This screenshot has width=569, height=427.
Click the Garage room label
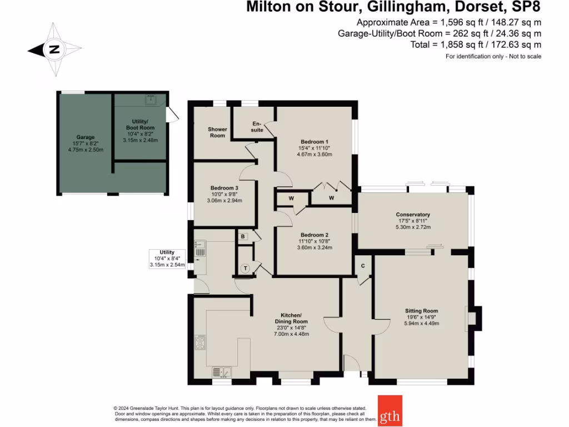point(86,137)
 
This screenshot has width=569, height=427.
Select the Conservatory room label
point(412,215)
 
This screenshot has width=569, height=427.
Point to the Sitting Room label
point(421,311)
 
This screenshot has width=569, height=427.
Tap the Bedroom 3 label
point(224,188)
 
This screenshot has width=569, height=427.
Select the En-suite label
point(257,126)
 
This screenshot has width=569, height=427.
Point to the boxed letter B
point(243,236)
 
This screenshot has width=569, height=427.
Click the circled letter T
point(245,268)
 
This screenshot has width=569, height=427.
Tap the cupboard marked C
point(363,266)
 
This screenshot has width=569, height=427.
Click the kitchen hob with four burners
point(200,342)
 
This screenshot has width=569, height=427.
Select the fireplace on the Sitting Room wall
point(473,318)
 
